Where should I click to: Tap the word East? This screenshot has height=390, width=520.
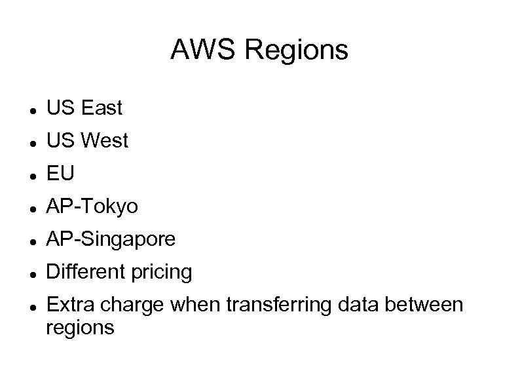point(102,108)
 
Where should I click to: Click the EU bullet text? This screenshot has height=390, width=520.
point(60,174)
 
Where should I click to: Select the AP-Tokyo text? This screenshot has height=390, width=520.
point(92,207)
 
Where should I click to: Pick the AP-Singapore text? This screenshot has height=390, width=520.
point(111,240)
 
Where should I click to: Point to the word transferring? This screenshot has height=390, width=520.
point(275,305)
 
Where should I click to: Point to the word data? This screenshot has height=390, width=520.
point(356,305)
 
